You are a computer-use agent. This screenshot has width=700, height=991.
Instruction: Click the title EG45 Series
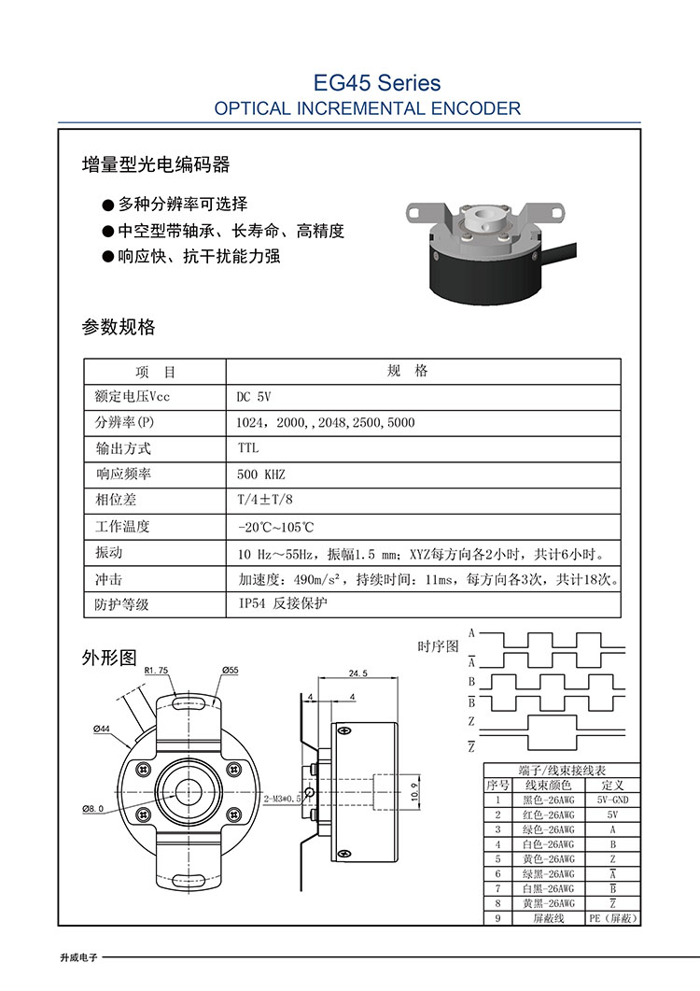pos(377,83)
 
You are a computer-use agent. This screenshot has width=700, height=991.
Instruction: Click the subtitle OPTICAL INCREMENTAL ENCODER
pos(368,108)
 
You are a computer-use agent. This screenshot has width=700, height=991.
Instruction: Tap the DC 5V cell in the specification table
pos(254,396)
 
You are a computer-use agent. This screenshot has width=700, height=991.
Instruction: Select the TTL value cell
pos(248,448)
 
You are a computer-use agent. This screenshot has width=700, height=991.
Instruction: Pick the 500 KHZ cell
pos(260,474)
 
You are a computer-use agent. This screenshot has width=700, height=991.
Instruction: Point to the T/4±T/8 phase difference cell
pos(265,500)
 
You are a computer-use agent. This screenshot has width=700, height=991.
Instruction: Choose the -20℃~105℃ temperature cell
pos(277,527)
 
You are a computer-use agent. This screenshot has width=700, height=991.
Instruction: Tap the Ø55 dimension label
pos(231,670)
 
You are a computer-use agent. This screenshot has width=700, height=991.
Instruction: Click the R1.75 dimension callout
pos(156,670)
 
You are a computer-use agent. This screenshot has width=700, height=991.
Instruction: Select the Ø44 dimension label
pos(103,728)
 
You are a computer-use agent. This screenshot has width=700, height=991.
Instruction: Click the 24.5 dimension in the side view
pos(357,673)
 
